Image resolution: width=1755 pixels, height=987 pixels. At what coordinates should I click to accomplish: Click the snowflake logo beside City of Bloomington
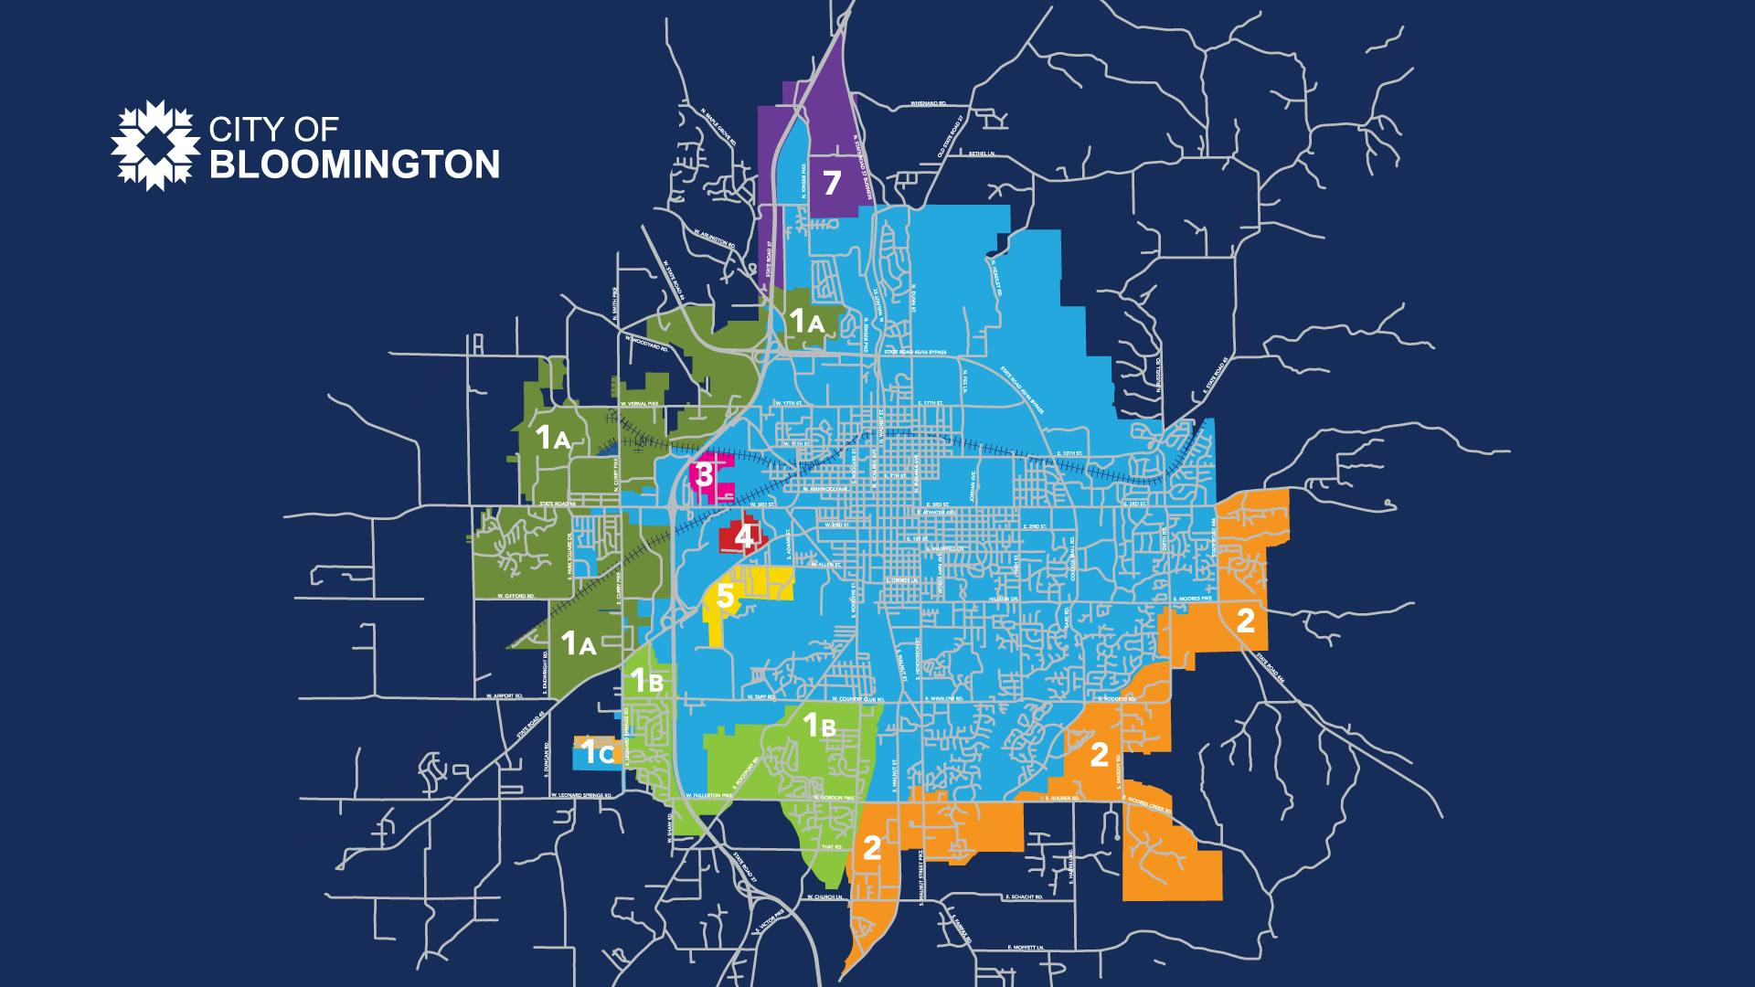pyautogui.click(x=154, y=143)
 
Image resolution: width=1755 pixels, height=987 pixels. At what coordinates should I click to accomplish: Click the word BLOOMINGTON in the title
pyautogui.click(x=355, y=164)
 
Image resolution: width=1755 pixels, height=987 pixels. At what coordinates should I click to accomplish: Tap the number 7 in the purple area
pyautogui.click(x=831, y=183)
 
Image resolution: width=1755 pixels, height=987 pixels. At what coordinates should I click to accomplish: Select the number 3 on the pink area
pyautogui.click(x=704, y=474)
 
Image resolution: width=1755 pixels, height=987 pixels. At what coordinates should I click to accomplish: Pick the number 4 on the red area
pyautogui.click(x=744, y=536)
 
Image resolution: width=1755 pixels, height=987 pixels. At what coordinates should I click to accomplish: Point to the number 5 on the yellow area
pyautogui.click(x=724, y=597)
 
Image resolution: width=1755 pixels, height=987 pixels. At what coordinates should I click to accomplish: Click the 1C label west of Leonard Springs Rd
pyautogui.click(x=598, y=754)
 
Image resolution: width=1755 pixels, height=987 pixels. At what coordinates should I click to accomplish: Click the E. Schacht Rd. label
pyautogui.click(x=1023, y=897)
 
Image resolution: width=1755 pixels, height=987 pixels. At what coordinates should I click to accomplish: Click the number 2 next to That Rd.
pyautogui.click(x=871, y=849)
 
